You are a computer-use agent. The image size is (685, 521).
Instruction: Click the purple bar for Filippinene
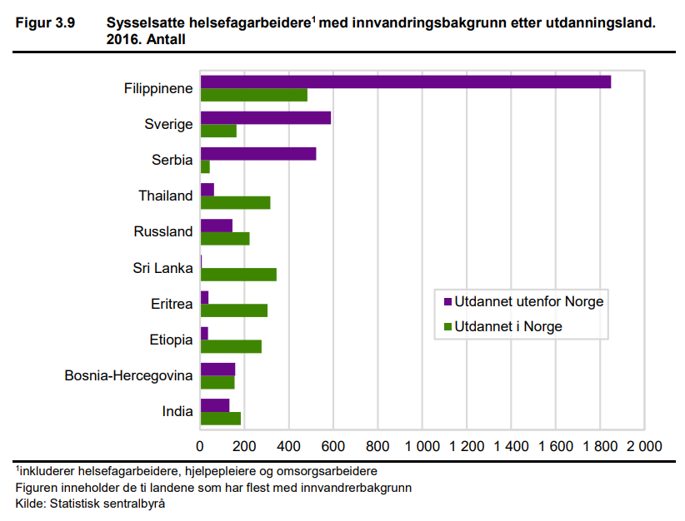406,82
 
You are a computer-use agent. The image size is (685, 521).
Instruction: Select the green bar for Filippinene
254,95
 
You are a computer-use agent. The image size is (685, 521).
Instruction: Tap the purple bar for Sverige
266,117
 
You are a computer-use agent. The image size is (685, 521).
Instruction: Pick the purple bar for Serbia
258,153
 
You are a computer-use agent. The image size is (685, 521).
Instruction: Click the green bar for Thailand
236,202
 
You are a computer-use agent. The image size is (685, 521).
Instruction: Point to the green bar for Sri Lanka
238,275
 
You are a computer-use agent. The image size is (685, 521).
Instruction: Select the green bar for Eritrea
234,310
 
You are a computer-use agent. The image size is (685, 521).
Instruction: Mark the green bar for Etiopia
231,346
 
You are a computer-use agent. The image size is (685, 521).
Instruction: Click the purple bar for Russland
217,225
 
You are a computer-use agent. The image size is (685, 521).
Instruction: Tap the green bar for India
221,418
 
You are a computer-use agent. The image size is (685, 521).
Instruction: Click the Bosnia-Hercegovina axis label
128,375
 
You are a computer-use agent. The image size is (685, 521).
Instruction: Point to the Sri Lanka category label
162,268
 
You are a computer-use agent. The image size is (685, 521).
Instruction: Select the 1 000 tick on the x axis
422,445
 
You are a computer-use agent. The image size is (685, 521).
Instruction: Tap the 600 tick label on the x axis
333,445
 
